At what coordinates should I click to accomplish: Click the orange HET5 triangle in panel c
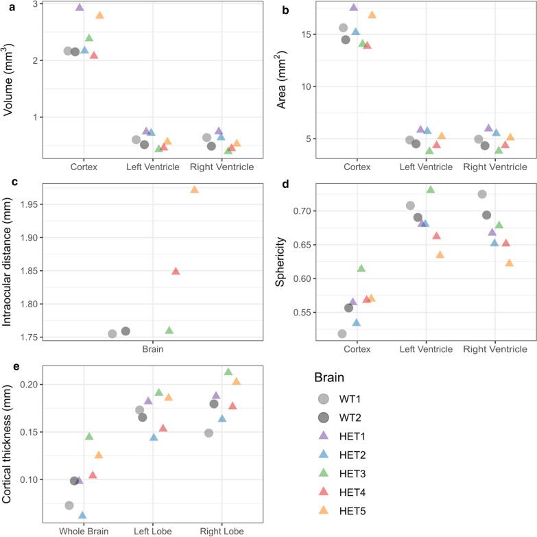tap(195, 190)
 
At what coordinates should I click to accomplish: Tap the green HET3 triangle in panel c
tap(169, 331)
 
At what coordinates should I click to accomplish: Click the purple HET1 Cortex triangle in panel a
tap(80, 8)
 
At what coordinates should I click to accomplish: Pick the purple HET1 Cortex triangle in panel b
tap(354, 8)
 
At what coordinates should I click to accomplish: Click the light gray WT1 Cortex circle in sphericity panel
tap(342, 334)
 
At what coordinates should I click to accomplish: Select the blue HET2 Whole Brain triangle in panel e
tap(82, 516)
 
